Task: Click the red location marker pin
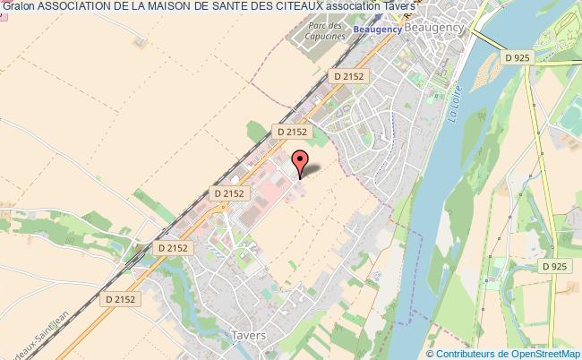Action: pos(300,163)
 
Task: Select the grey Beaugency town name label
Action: pos(432,30)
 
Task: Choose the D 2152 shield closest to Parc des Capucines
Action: pos(348,77)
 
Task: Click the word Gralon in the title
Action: pos(19,7)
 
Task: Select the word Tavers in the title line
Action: pos(381,7)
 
